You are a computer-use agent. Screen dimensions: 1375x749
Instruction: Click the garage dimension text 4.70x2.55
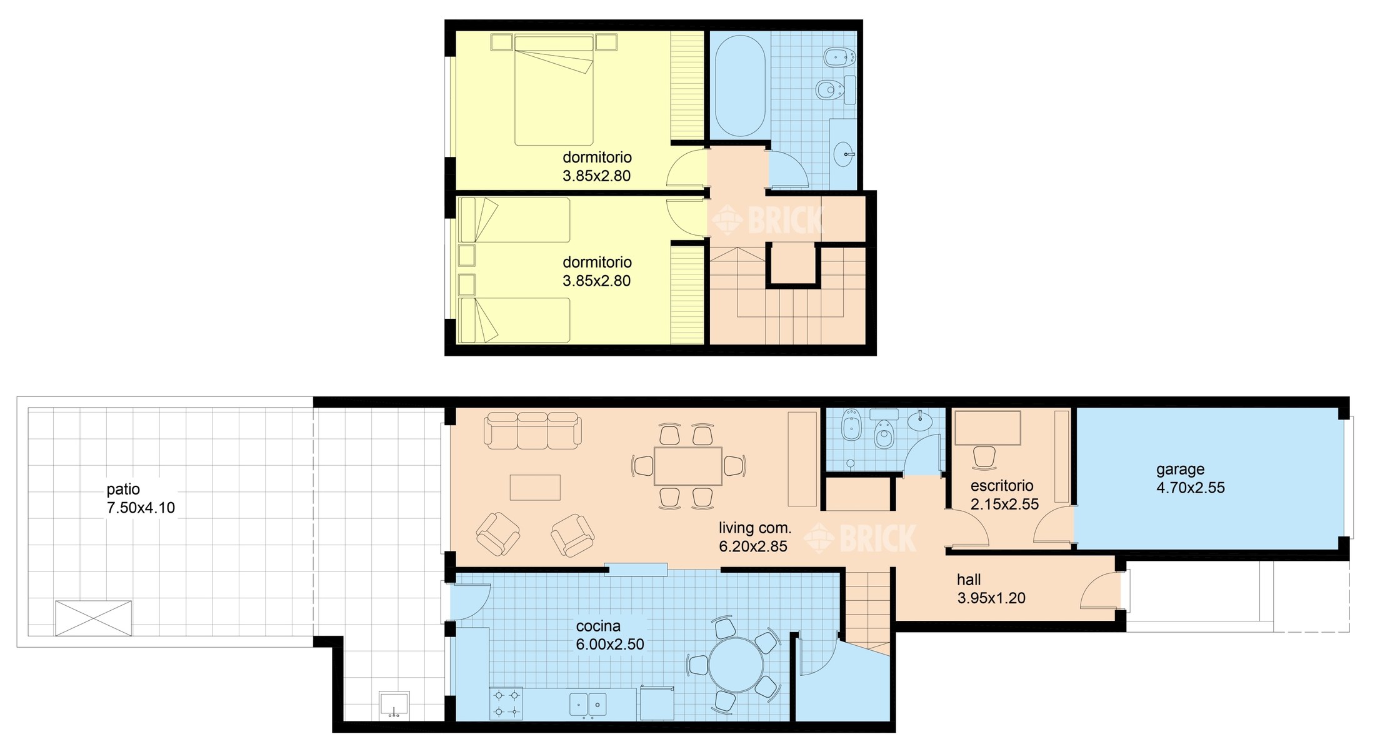1190,488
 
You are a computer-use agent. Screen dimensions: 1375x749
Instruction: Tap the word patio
123,490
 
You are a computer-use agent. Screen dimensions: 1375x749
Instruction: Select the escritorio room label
1002,486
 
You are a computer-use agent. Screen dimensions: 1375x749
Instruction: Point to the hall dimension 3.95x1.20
991,598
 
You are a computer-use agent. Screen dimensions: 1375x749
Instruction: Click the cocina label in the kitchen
598,626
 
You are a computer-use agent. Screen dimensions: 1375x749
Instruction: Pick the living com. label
755,528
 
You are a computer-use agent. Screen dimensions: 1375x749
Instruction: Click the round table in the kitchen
736,665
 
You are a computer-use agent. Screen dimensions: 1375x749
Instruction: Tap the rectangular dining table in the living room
688,466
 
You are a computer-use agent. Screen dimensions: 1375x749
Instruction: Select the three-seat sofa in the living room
532,430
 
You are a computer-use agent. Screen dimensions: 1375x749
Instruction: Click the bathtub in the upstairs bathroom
739,85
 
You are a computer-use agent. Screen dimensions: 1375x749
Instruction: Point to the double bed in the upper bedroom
554,90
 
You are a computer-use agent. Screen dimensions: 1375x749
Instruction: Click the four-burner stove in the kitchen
506,703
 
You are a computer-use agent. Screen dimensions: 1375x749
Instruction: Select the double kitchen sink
588,704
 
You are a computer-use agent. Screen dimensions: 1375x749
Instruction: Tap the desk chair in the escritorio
984,457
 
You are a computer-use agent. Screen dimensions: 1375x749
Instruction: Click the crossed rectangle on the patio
93,618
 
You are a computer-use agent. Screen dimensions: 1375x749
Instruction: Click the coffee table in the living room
535,488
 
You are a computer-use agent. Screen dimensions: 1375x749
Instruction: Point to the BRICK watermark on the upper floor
769,219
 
